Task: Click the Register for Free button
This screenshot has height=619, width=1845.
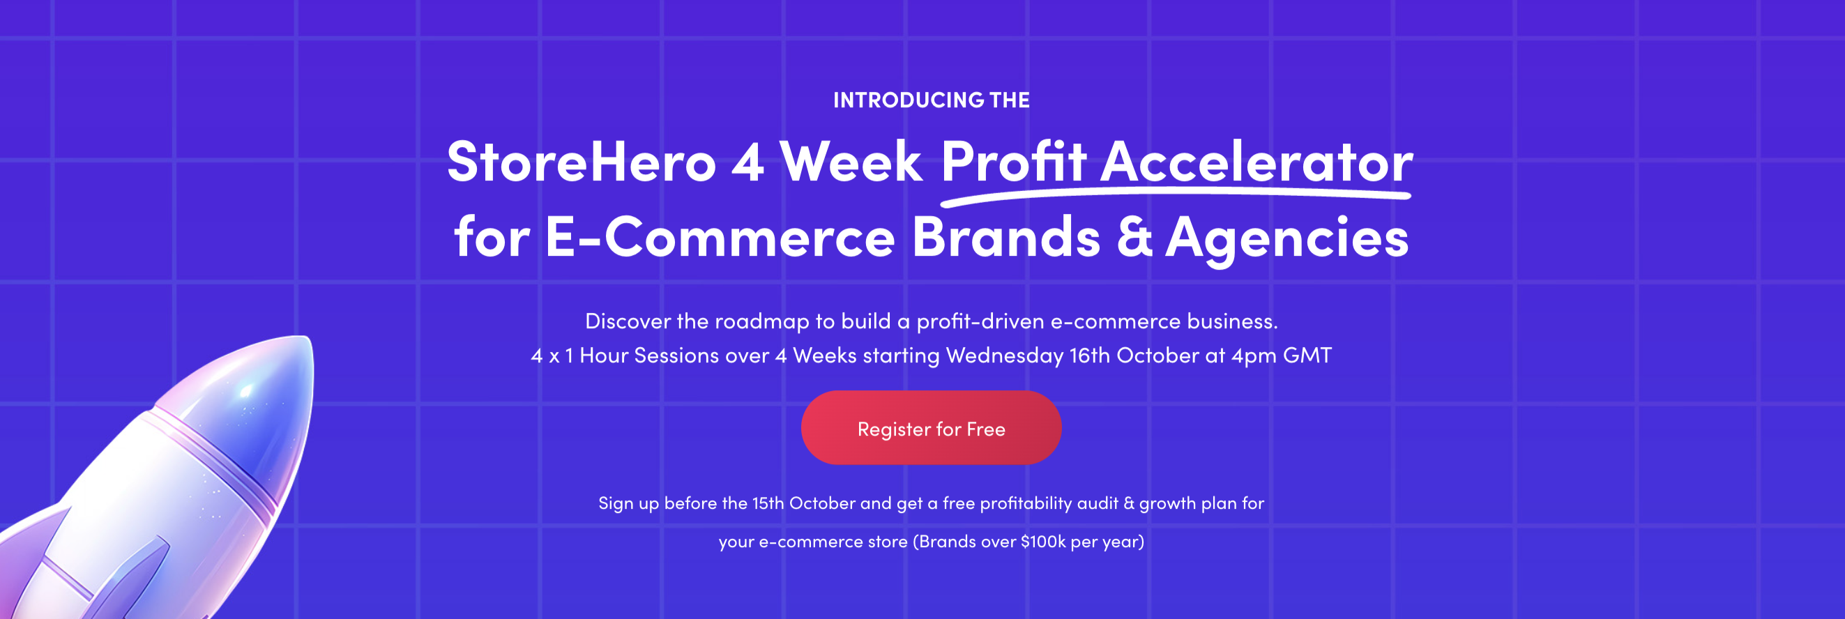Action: tap(931, 428)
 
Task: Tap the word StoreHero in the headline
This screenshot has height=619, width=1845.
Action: tap(582, 162)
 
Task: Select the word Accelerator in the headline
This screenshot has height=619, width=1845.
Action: tap(1256, 162)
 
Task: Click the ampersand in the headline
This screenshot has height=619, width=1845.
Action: tap(1134, 236)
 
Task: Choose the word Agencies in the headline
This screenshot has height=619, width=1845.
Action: tap(1287, 240)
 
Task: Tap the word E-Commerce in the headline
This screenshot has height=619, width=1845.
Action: tap(720, 236)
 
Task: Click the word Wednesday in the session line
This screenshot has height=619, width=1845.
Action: tap(1004, 356)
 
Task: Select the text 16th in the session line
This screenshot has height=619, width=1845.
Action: tap(1089, 355)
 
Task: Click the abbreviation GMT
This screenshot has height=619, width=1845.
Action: tap(1307, 355)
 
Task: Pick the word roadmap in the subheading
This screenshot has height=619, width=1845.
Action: tap(762, 322)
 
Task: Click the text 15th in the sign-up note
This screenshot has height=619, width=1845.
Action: tap(768, 503)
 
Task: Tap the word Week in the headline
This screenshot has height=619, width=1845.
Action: tap(850, 162)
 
